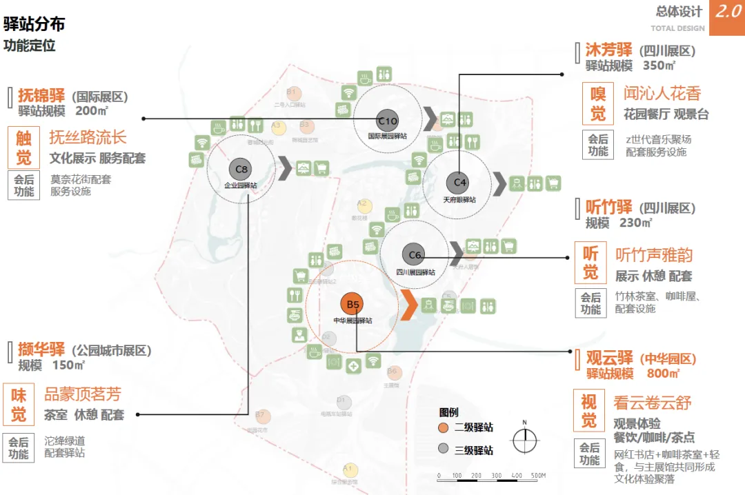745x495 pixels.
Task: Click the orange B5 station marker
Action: [353, 304]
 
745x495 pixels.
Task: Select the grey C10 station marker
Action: [387, 121]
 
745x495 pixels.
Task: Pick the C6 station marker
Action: [415, 255]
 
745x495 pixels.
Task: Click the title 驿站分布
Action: [34, 24]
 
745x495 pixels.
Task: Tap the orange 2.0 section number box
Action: [727, 17]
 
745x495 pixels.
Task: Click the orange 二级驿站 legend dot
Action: [444, 428]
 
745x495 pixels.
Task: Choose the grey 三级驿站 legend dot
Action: [444, 450]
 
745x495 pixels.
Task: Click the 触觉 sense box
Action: [24, 148]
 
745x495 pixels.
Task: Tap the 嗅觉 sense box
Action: [598, 103]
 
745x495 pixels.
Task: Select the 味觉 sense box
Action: [19, 405]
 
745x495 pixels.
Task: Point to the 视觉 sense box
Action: [590, 410]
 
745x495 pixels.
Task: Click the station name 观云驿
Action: [609, 358]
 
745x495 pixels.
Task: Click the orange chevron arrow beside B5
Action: [408, 304]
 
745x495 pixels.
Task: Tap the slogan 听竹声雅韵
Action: [654, 255]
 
